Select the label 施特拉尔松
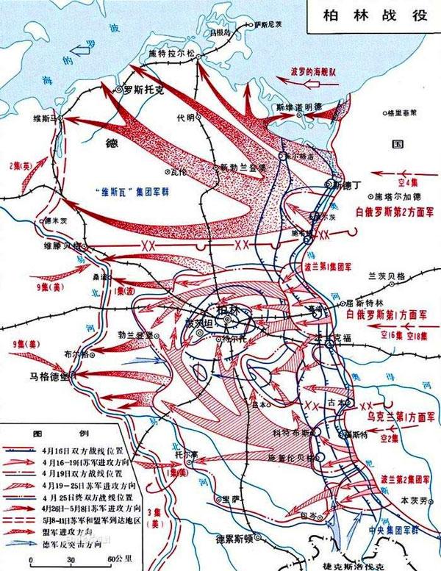[177, 54]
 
